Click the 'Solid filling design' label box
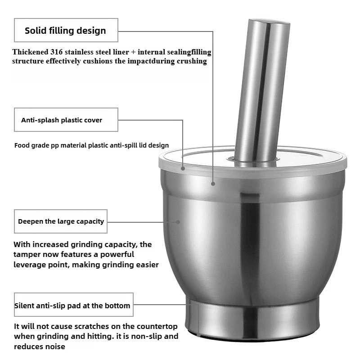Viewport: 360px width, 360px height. pyautogui.click(x=66, y=31)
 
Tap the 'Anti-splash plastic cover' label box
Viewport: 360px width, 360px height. pyautogui.click(x=66, y=120)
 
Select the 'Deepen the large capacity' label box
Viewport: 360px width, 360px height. pyautogui.click(x=61, y=221)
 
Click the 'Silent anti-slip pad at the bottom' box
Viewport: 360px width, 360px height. pyautogui.click(x=72, y=306)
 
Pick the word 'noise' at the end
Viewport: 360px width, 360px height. pyautogui.click(x=55, y=346)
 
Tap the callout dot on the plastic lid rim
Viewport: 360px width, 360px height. pyautogui.click(x=183, y=169)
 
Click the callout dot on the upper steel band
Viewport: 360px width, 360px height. pyautogui.click(x=213, y=183)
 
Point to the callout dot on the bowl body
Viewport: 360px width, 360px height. pyautogui.click(x=178, y=221)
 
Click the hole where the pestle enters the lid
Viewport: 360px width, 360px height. pyautogui.click(x=253, y=159)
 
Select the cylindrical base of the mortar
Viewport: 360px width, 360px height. pyautogui.click(x=252, y=317)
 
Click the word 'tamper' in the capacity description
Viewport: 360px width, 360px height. pyautogui.click(x=29, y=255)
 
